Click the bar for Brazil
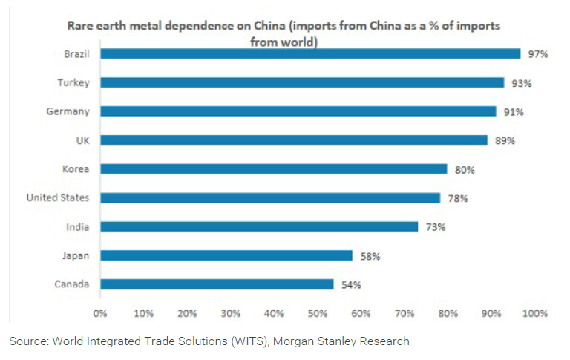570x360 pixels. (310, 53)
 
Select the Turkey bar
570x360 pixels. (302, 82)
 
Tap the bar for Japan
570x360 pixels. (226, 255)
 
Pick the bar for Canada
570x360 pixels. (217, 284)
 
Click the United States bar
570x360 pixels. (270, 198)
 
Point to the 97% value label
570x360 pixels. (538, 54)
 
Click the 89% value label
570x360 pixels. (505, 140)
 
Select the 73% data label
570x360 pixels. (436, 227)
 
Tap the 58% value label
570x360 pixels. (370, 256)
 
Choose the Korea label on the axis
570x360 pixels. (76, 169)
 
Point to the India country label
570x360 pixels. (79, 226)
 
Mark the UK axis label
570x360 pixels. (82, 140)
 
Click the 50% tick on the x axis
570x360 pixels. (317, 314)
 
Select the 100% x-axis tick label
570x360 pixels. (534, 314)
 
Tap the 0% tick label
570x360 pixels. (100, 314)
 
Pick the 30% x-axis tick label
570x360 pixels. (230, 314)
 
